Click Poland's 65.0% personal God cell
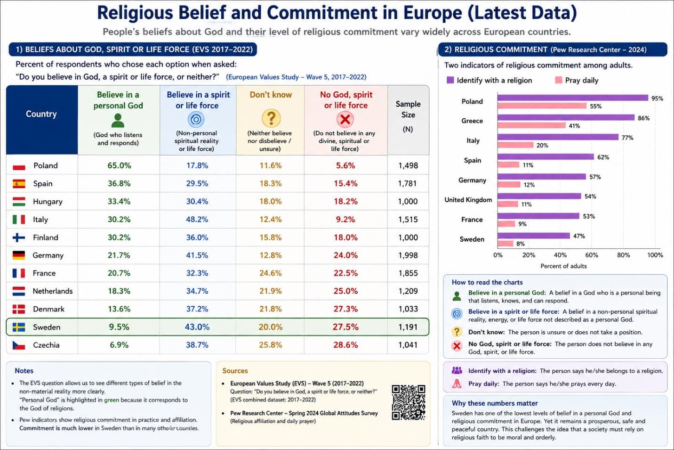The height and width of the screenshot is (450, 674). (x=119, y=165)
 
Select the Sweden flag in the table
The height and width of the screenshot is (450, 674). (x=19, y=327)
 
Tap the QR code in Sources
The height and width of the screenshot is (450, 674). (x=409, y=402)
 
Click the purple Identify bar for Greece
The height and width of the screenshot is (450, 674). (x=566, y=117)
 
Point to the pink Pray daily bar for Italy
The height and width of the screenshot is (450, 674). (x=515, y=145)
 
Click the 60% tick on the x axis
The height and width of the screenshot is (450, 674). (x=591, y=255)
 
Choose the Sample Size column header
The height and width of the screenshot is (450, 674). (x=408, y=116)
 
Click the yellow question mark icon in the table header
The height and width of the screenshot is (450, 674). (x=271, y=118)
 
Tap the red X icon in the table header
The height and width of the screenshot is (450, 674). (x=345, y=119)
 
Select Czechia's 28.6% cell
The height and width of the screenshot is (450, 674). (x=345, y=345)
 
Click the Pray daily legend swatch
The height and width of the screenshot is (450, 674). (x=559, y=80)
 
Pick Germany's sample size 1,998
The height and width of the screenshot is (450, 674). (x=408, y=255)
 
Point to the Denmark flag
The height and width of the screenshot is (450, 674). (x=19, y=309)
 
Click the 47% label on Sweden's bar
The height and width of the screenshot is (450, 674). (x=579, y=236)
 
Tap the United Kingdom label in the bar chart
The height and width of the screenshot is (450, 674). (x=468, y=200)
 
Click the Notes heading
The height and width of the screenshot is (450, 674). (x=24, y=370)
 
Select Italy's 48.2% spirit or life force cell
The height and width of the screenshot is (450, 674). (x=197, y=219)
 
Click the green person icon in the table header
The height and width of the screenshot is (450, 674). (x=118, y=121)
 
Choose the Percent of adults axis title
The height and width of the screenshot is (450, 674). (x=563, y=266)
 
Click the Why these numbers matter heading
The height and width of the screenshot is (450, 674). (x=495, y=403)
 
